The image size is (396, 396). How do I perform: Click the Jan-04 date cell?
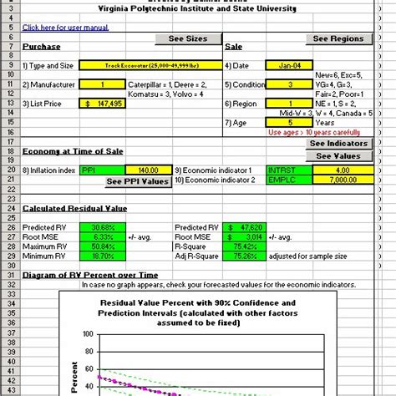285,64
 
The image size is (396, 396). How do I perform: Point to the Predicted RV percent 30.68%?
103,226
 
